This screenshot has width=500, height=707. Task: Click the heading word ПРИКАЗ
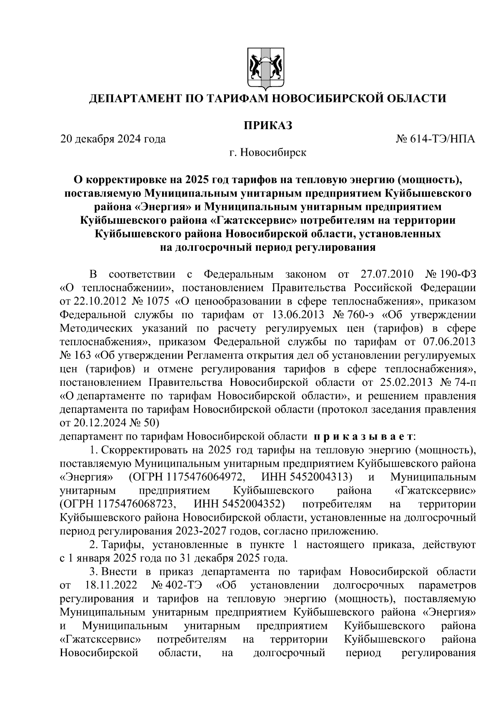click(267, 125)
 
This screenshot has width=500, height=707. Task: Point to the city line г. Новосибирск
click(267, 152)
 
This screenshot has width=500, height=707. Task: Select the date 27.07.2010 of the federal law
click(385, 275)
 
